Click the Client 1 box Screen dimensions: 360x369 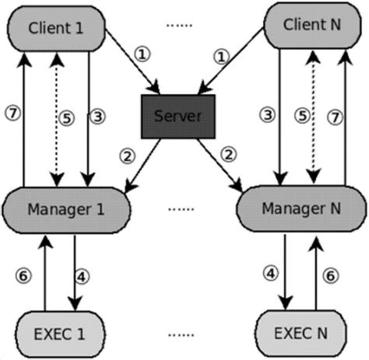tap(55, 28)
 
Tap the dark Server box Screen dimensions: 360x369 tap(177, 117)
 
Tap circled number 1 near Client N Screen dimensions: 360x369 tap(223, 56)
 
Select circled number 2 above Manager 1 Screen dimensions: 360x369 tap(128, 155)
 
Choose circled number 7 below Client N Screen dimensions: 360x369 tap(357, 117)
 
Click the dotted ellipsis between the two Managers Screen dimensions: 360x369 tap(182, 209)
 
